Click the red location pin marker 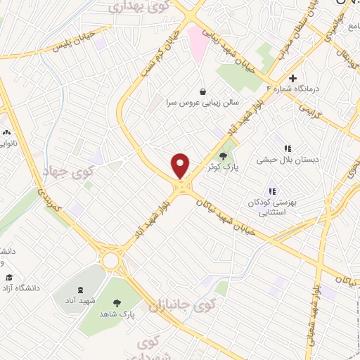click(181, 165)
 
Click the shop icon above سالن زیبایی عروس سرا click(203, 91)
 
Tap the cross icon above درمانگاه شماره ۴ click(293, 77)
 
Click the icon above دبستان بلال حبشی click(287, 148)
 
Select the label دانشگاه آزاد click(20, 288)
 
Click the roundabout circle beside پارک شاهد click(110, 261)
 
